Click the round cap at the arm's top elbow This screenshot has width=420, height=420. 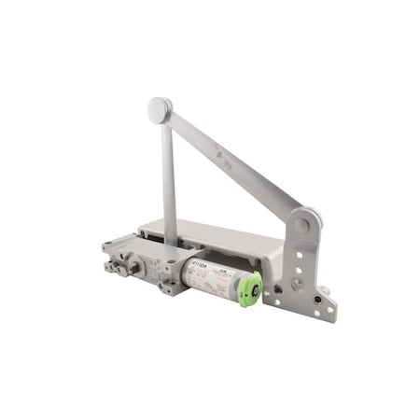click(x=160, y=109)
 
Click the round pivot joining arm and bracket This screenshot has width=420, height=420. click(x=301, y=224)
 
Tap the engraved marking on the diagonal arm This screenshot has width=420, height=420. click(x=219, y=155)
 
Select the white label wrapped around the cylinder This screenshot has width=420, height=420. click(x=210, y=280)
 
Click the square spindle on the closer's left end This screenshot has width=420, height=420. click(x=134, y=266)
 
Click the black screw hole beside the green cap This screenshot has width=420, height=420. click(x=276, y=288)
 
